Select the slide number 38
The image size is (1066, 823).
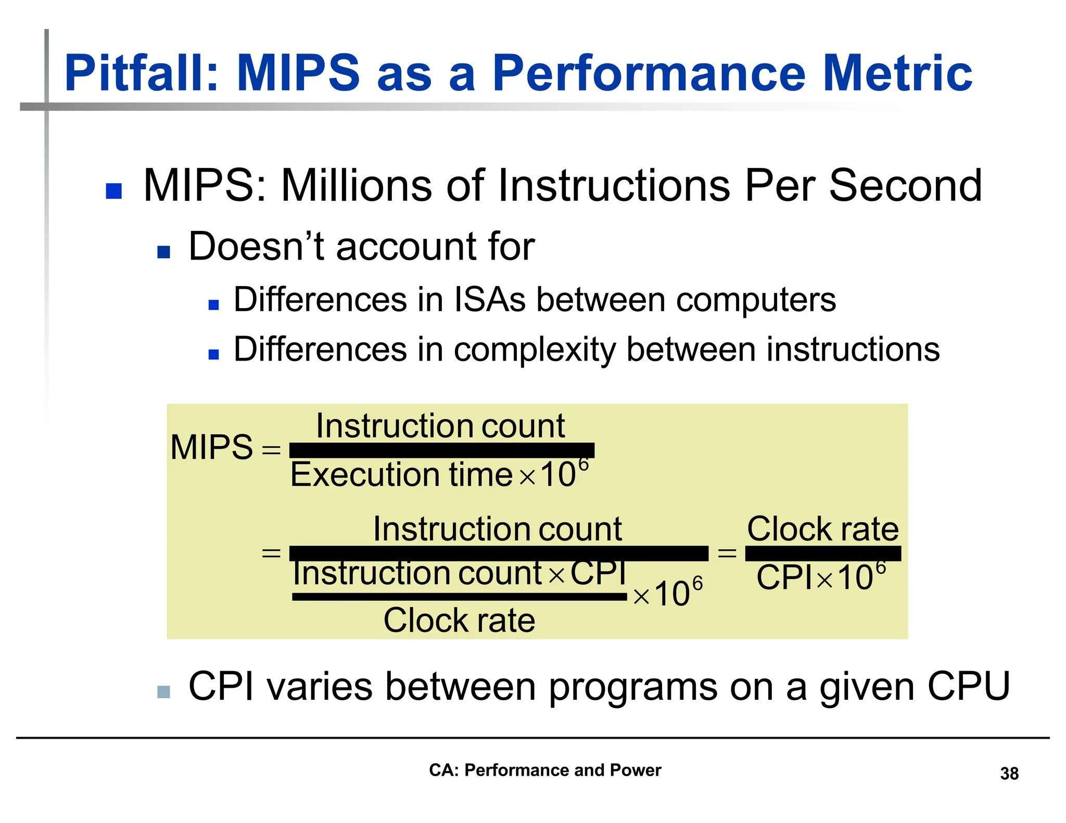click(1009, 774)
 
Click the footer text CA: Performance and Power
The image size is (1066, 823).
click(544, 770)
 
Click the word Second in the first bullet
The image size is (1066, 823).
click(905, 186)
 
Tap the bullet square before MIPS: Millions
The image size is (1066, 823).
click(113, 191)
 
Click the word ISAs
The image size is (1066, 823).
click(489, 300)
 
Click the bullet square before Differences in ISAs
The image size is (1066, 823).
click(213, 305)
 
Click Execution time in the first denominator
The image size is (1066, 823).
click(401, 474)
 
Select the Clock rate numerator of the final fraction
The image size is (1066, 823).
click(822, 529)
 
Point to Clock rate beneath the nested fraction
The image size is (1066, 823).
click(459, 620)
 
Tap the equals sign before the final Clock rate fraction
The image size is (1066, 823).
click(727, 553)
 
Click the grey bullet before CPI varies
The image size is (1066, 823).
click(163, 691)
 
